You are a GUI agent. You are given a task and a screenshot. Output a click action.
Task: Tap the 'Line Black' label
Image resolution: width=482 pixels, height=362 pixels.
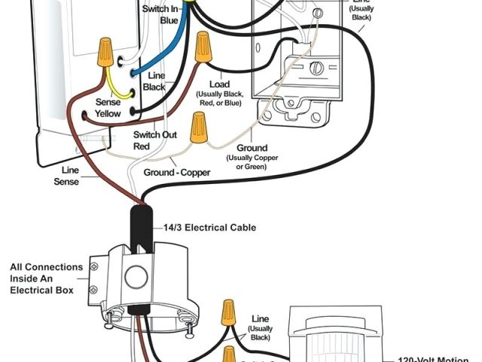tap(157, 81)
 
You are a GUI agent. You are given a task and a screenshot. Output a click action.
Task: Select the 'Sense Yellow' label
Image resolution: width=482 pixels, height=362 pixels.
tap(108, 108)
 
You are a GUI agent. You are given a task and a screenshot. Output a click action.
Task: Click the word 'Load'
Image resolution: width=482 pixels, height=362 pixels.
tap(219, 84)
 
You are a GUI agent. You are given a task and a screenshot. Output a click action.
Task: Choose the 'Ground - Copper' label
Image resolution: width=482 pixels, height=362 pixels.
tap(178, 172)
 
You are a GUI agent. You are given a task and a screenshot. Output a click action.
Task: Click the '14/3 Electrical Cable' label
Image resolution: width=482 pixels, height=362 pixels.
tap(209, 227)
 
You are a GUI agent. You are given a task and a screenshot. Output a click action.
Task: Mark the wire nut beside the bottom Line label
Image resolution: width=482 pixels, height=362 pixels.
tap(227, 312)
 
